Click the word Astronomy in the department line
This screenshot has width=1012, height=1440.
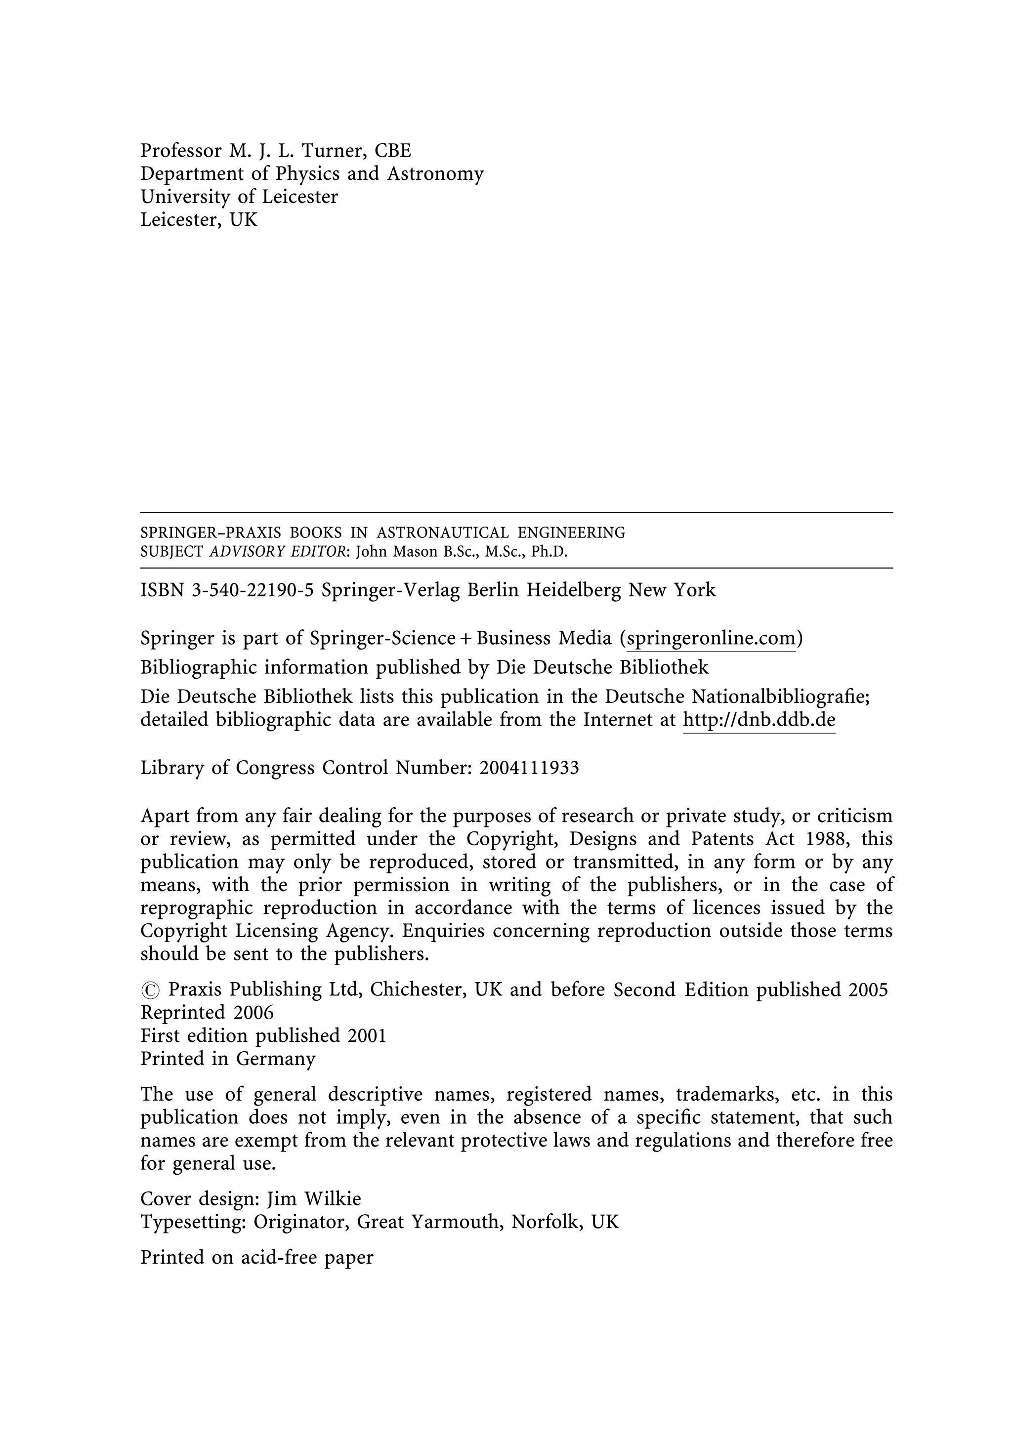point(435,174)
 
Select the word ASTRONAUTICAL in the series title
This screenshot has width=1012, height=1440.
point(442,533)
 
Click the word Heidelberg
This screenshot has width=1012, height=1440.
point(573,590)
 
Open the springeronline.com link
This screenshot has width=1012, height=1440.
point(711,638)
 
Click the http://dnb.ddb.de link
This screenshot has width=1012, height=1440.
point(759,719)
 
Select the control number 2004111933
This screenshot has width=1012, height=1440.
point(529,768)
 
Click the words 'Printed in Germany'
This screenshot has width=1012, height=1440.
point(228,1059)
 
